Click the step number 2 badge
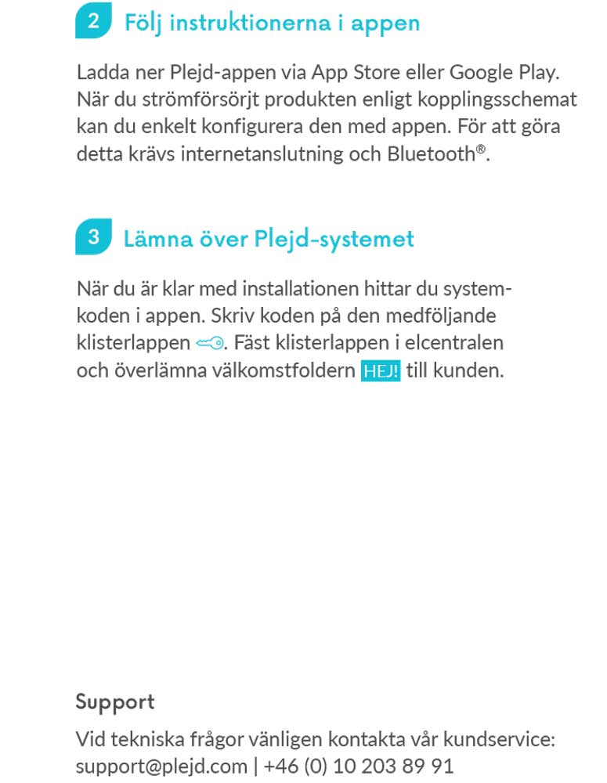[93, 21]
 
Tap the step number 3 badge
[93, 237]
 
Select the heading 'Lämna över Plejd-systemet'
[269, 238]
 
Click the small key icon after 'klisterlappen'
[210, 343]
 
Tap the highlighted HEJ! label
[381, 370]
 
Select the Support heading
[115, 702]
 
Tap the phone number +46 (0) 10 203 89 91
[359, 765]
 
